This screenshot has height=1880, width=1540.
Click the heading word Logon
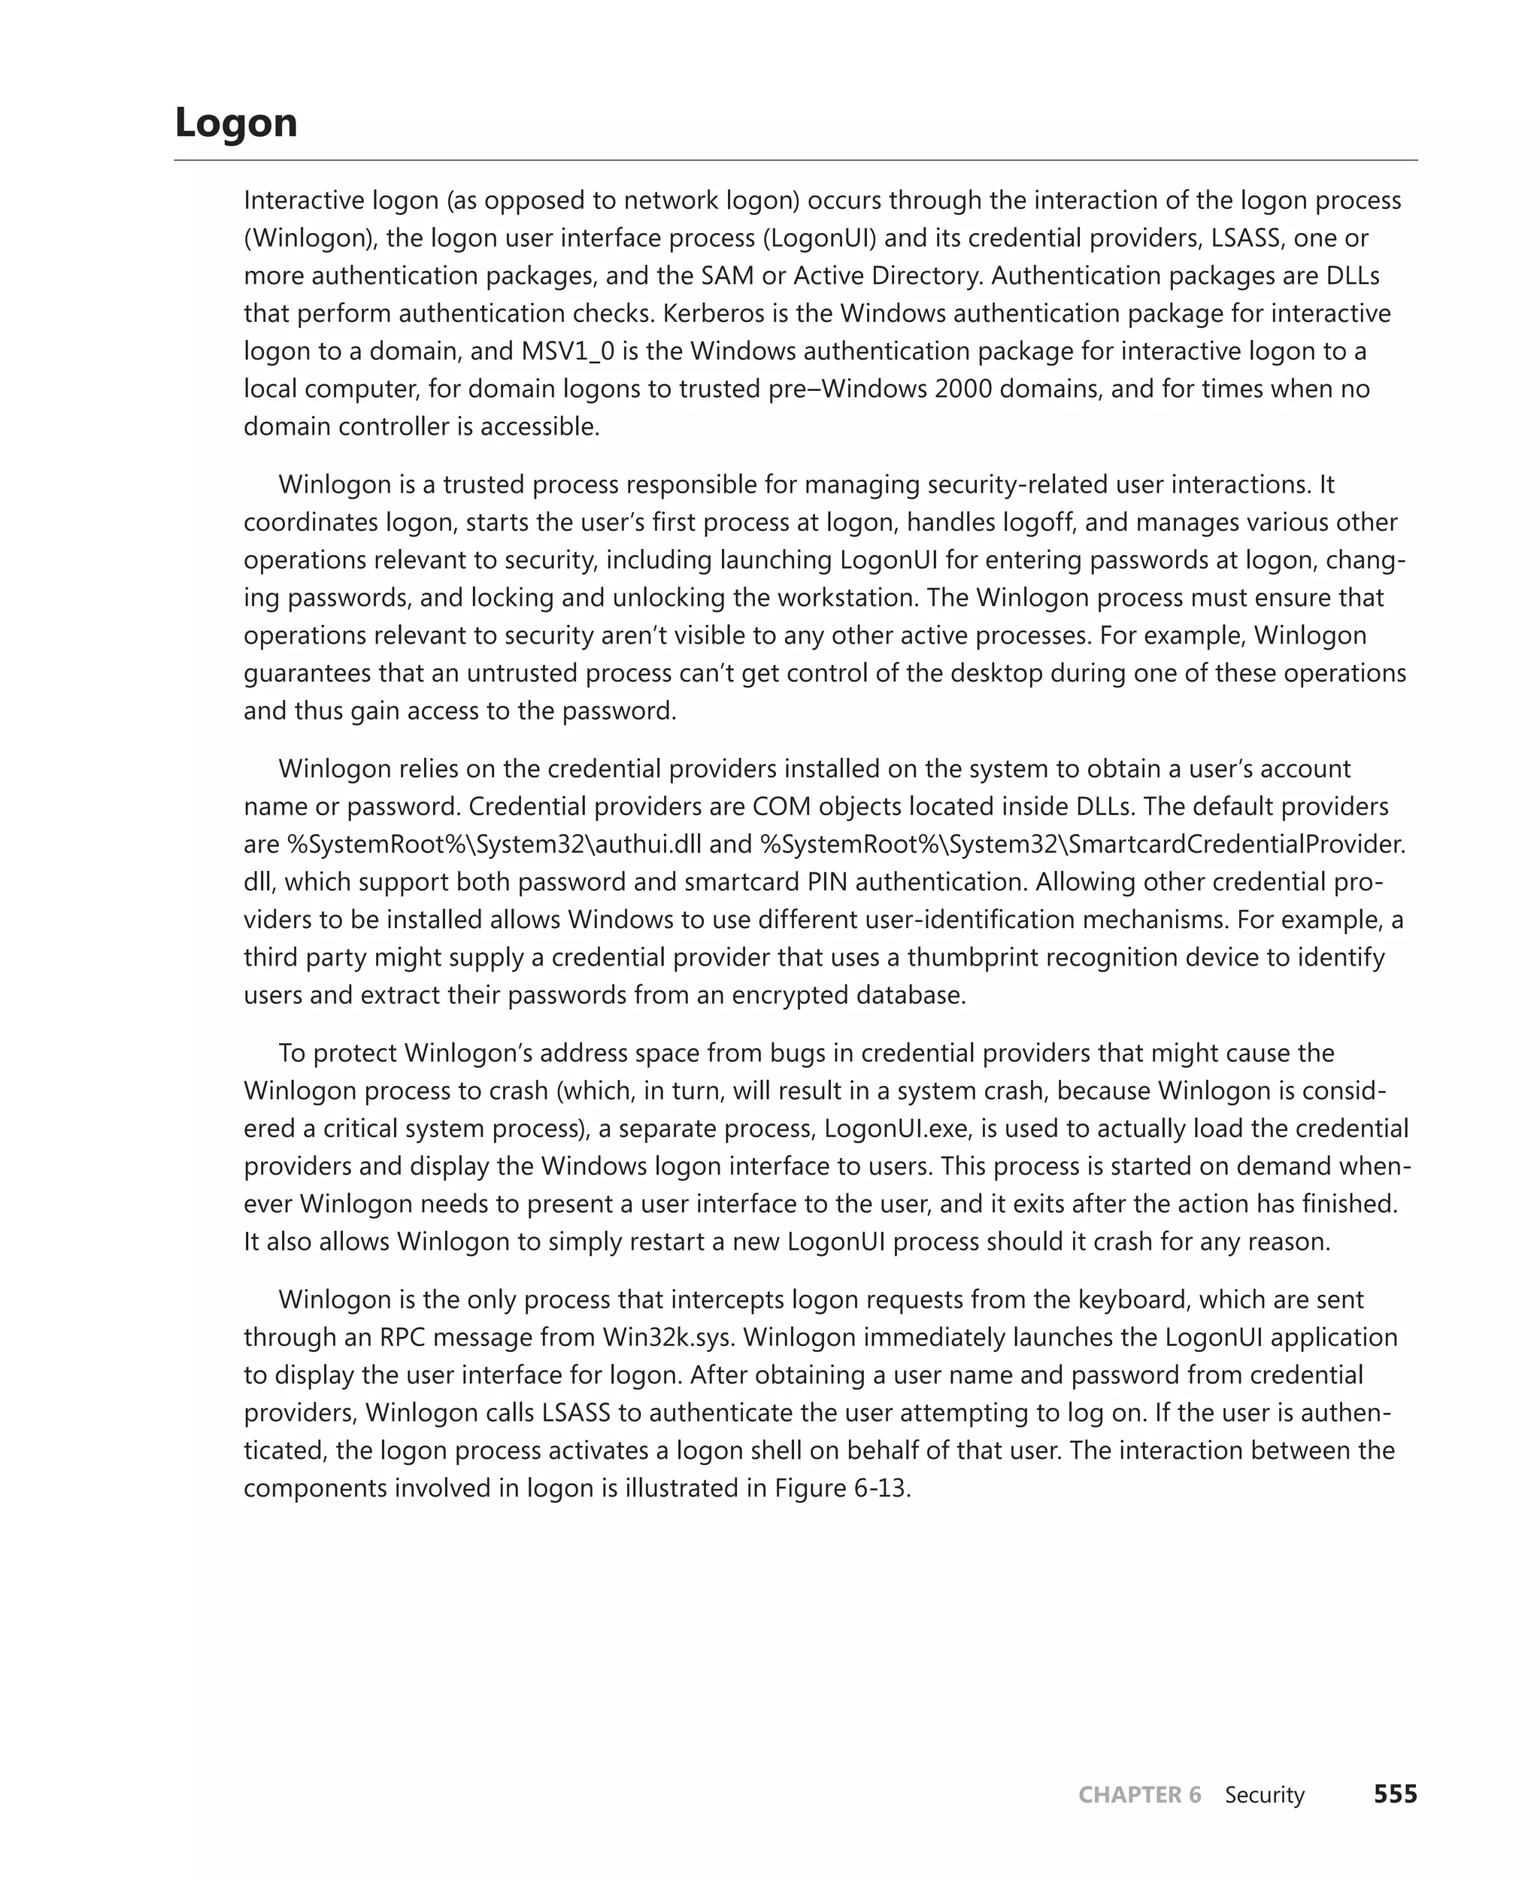click(236, 123)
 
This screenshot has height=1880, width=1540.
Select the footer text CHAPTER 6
click(1139, 1794)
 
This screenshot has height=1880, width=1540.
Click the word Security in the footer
click(1264, 1794)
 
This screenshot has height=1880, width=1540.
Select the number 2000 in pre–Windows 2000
click(962, 389)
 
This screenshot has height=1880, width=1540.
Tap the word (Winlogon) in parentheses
click(306, 238)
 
